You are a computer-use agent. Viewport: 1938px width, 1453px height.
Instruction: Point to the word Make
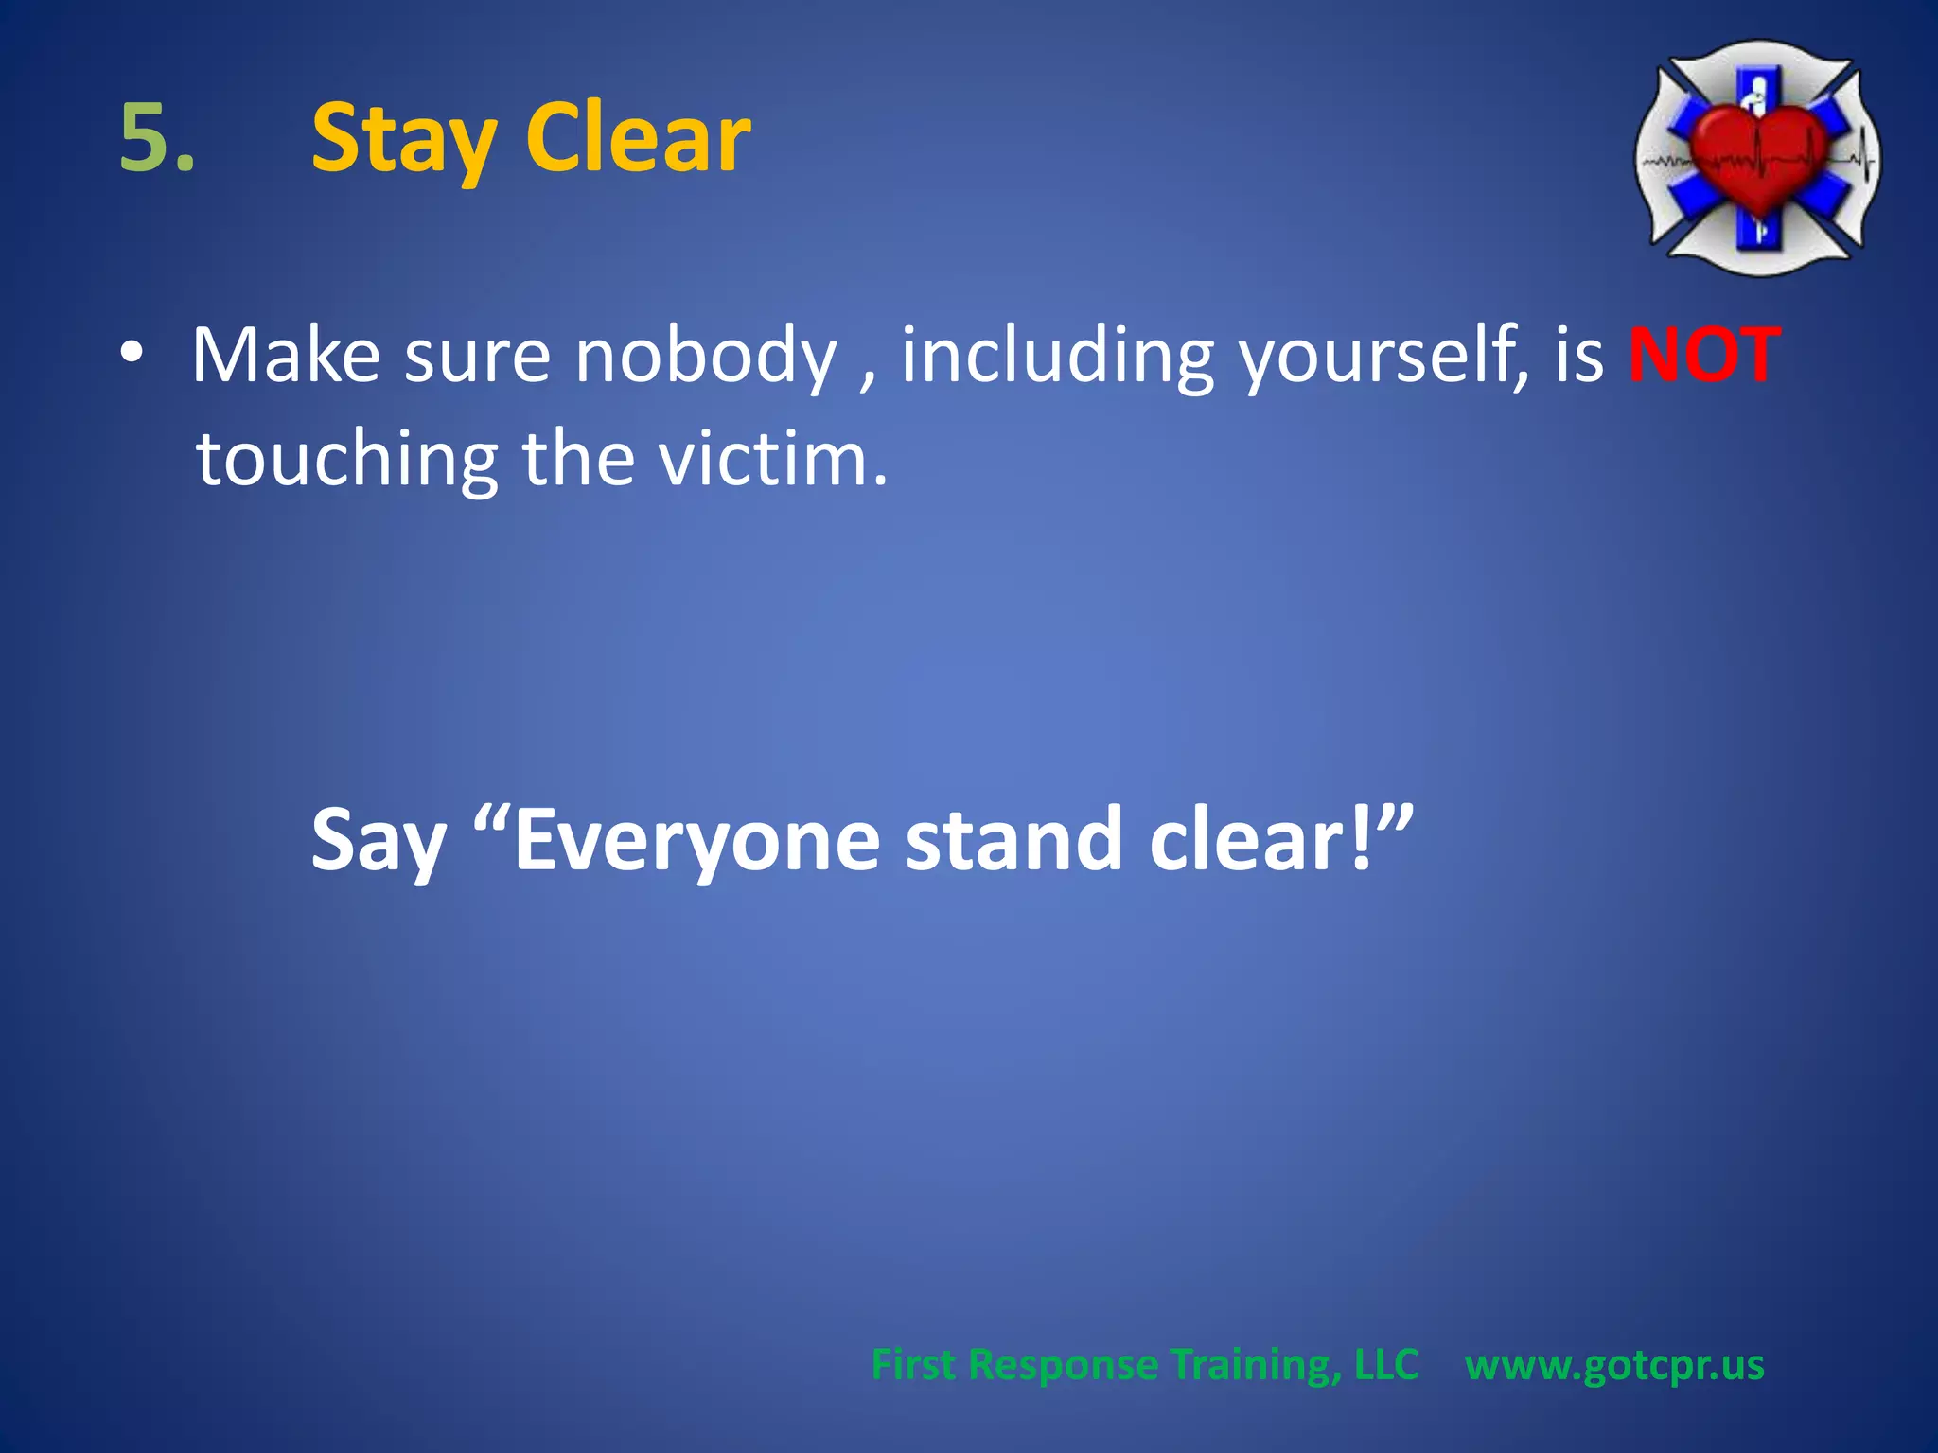click(x=286, y=356)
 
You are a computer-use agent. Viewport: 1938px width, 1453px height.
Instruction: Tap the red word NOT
click(x=1704, y=356)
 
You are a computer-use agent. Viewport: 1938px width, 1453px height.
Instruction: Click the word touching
click(x=346, y=460)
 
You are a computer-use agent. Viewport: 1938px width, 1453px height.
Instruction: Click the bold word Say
click(x=379, y=840)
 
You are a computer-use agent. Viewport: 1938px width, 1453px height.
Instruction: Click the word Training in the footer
click(x=1255, y=1365)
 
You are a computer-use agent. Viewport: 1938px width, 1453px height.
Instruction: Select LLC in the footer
click(x=1386, y=1365)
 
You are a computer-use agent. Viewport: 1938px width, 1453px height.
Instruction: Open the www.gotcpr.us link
click(x=1614, y=1365)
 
